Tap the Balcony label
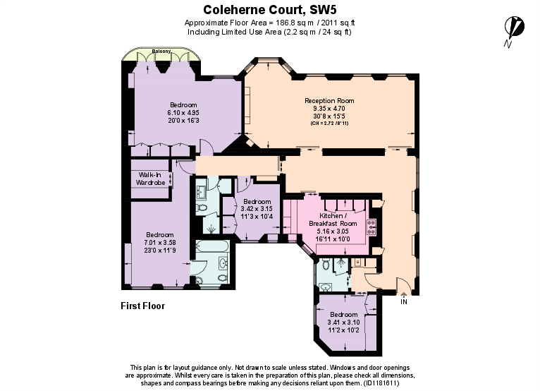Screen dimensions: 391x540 [x=161, y=52]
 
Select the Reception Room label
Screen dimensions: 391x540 [x=329, y=101]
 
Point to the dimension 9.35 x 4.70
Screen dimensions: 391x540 [x=329, y=109]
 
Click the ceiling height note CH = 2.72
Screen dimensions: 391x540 [x=329, y=124]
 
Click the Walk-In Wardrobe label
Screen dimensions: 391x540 [x=150, y=179]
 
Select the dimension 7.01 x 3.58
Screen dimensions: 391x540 [x=160, y=242]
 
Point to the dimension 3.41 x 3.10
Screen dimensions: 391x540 [x=345, y=321]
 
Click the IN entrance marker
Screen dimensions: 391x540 [x=404, y=302]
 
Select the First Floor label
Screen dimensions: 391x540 [x=143, y=306]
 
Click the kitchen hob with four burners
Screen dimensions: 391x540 [x=372, y=227]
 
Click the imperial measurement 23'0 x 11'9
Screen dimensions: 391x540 [x=160, y=250]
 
